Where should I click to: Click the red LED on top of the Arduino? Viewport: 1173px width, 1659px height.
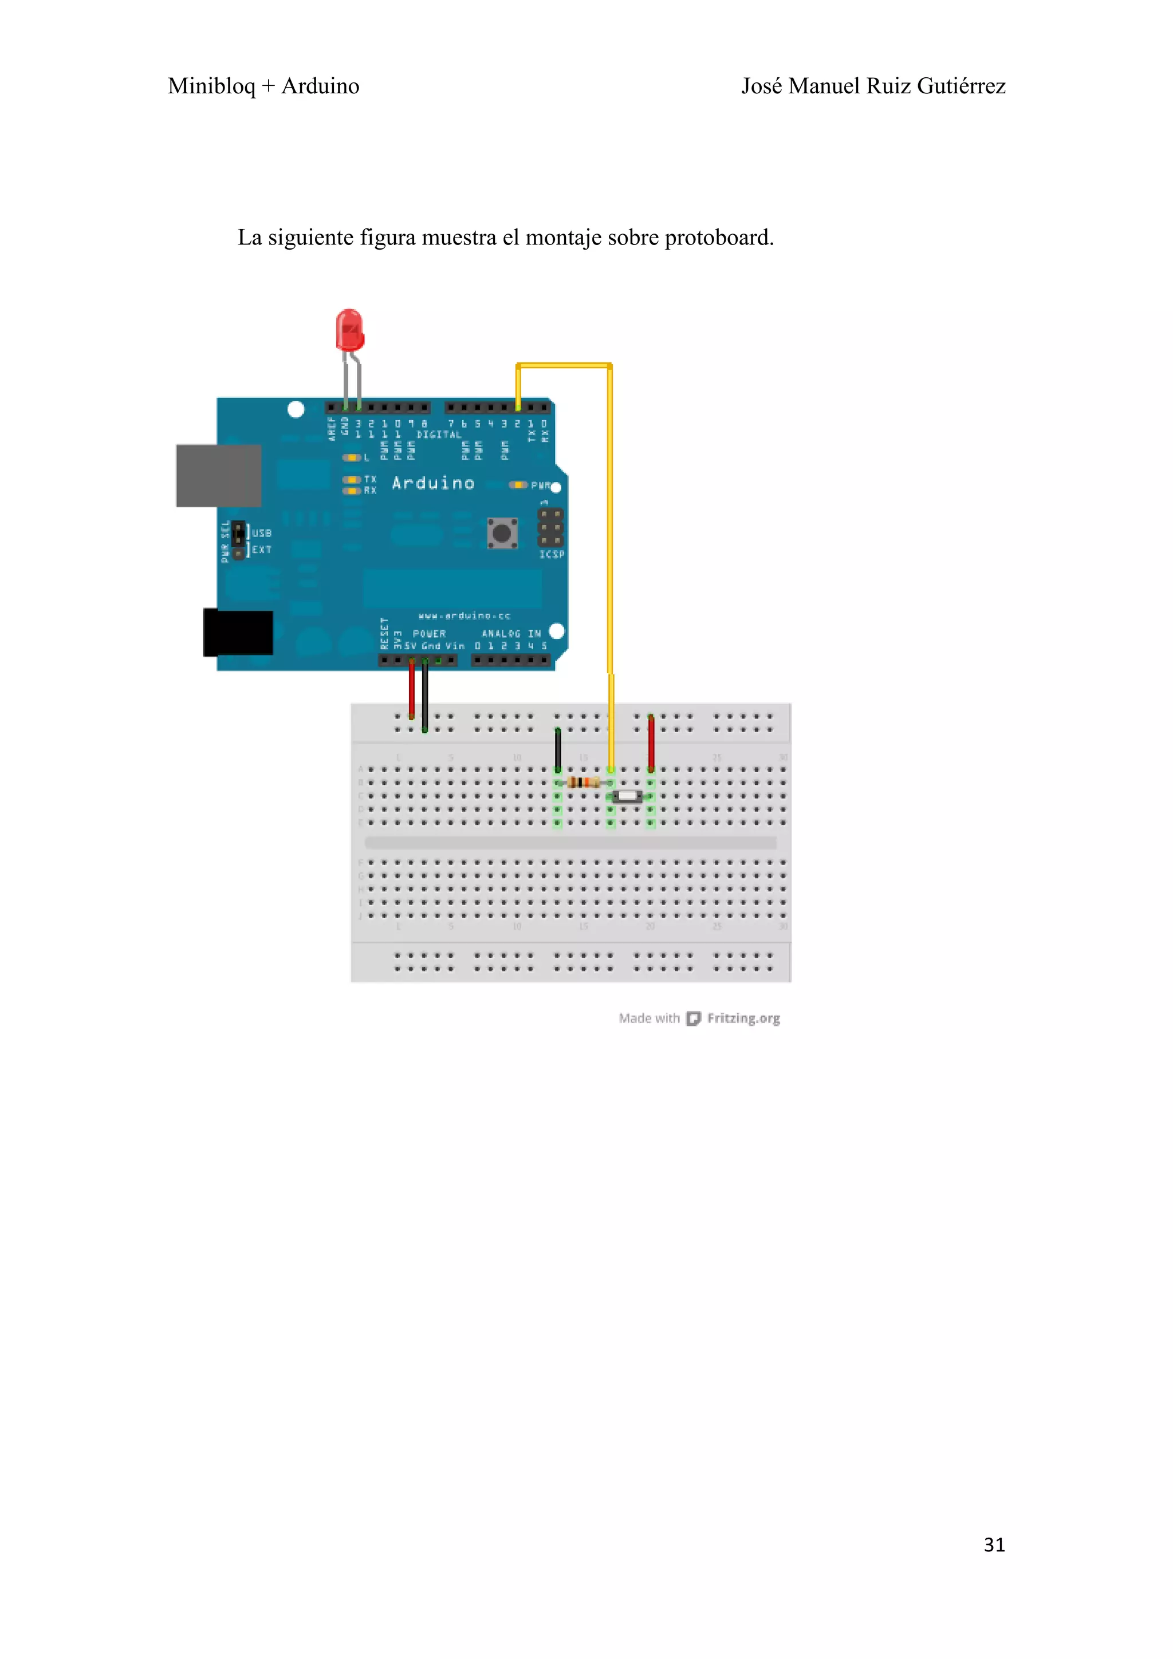tap(350, 331)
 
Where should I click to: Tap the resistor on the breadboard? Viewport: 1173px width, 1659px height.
tap(583, 782)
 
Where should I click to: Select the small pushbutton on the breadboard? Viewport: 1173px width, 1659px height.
tap(627, 796)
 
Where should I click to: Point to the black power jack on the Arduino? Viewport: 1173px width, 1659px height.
tap(238, 632)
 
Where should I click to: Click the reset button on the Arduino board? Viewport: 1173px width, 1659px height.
tap(502, 534)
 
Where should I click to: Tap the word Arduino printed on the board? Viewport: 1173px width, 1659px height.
tap(433, 483)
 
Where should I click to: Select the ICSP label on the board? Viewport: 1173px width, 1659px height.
tap(552, 554)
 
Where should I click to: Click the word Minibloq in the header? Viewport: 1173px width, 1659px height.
tap(211, 86)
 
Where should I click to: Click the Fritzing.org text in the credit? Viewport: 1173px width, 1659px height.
tap(743, 1018)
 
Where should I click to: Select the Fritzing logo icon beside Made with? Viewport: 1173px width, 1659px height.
tap(693, 1018)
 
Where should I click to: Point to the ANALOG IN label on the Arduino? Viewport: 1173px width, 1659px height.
tap(511, 634)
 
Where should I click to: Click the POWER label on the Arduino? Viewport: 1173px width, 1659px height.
tap(430, 634)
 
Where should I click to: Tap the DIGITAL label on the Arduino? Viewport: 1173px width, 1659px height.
tap(439, 434)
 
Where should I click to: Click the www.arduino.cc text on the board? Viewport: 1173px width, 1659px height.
tap(464, 615)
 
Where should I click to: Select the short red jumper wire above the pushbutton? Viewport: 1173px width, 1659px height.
tap(651, 743)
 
